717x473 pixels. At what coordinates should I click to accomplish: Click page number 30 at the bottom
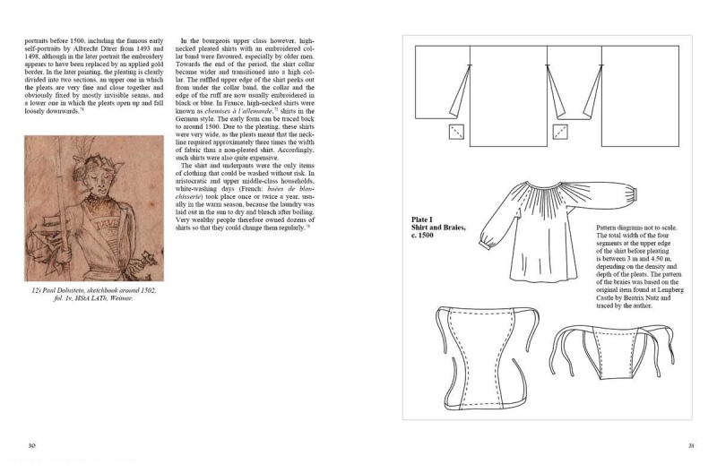click(x=30, y=445)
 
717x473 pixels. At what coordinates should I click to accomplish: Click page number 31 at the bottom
click(x=691, y=445)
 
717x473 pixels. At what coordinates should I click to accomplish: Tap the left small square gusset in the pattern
click(x=458, y=133)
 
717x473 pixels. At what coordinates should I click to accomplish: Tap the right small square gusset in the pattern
click(x=563, y=133)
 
